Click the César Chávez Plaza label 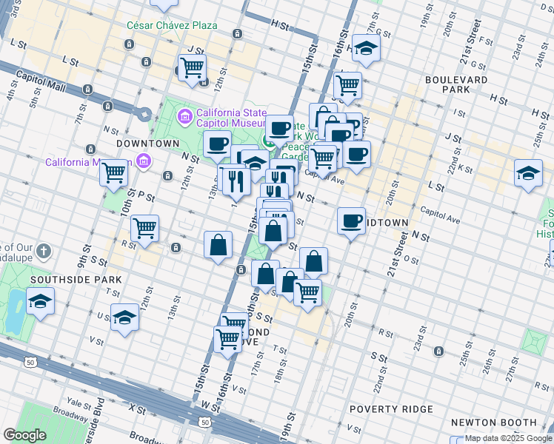172,25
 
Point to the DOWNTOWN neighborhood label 147,143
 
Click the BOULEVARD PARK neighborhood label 456,84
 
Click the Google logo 24,435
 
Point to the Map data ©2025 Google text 509,438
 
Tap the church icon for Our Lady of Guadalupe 44,252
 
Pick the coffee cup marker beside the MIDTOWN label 351,220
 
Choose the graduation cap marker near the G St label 366,48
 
